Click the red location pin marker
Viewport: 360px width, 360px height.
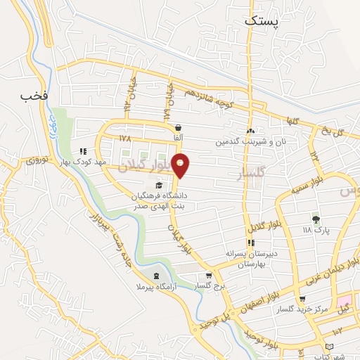tap(181, 165)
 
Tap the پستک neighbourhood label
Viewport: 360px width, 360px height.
tap(262, 21)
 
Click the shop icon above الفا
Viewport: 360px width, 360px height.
tap(179, 127)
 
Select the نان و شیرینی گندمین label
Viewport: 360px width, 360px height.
tap(251, 142)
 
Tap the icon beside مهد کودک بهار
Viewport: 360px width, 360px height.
tap(83, 151)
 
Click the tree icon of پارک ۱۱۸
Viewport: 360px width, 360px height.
tap(315, 219)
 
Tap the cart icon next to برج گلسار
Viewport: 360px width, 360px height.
tap(208, 276)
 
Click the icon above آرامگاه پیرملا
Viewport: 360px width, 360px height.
tap(155, 276)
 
